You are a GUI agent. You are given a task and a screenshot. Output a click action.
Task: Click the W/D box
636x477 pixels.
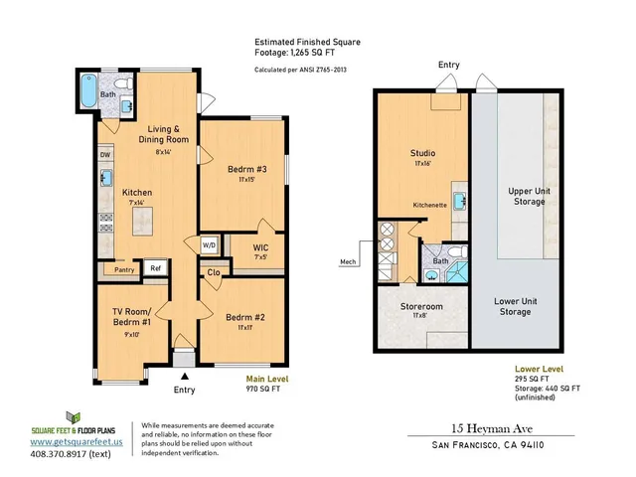click(x=209, y=244)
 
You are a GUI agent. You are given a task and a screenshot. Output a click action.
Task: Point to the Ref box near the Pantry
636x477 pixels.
click(x=156, y=267)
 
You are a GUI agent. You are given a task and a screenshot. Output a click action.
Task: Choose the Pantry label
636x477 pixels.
click(x=123, y=268)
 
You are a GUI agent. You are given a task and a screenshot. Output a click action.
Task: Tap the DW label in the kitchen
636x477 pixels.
click(x=105, y=155)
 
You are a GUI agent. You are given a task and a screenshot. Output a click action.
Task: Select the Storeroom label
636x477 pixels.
click(x=421, y=307)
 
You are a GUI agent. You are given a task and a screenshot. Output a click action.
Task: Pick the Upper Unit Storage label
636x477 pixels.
click(x=526, y=195)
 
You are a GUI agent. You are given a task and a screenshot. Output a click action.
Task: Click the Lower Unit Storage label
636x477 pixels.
click(x=514, y=305)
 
